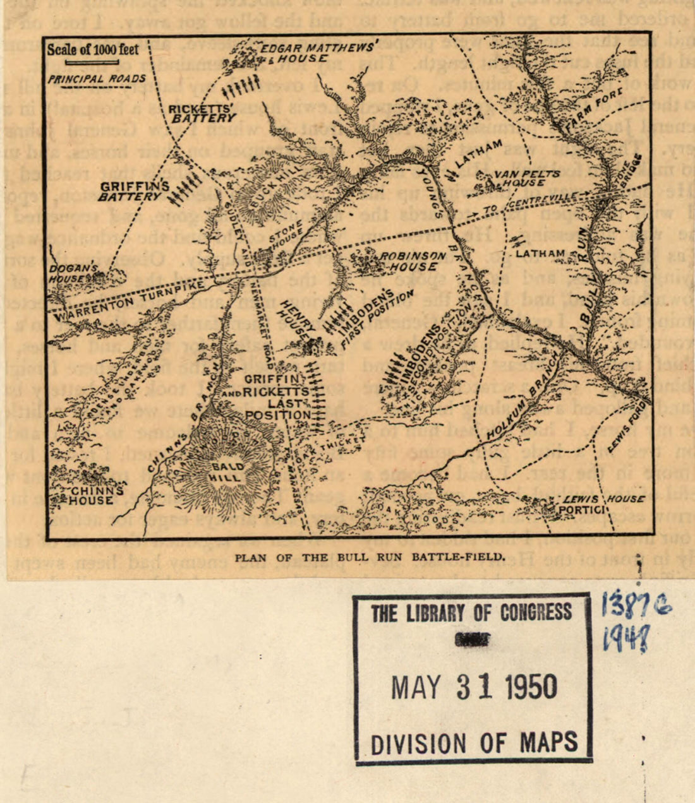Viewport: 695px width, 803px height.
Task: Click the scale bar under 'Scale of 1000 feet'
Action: [92, 62]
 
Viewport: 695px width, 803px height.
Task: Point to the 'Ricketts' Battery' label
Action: [202, 113]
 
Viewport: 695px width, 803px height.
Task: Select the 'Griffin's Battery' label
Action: [134, 191]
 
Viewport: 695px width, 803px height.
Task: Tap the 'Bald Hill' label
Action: [226, 472]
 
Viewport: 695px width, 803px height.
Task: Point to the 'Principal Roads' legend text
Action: [96, 80]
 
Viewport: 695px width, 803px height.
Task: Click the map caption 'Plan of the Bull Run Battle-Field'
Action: [370, 557]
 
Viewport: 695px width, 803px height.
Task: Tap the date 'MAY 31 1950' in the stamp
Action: [474, 687]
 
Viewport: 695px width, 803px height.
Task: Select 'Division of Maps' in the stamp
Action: [474, 742]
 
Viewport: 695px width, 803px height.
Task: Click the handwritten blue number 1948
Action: [625, 640]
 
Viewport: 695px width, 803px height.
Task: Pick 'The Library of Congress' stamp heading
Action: [471, 612]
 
